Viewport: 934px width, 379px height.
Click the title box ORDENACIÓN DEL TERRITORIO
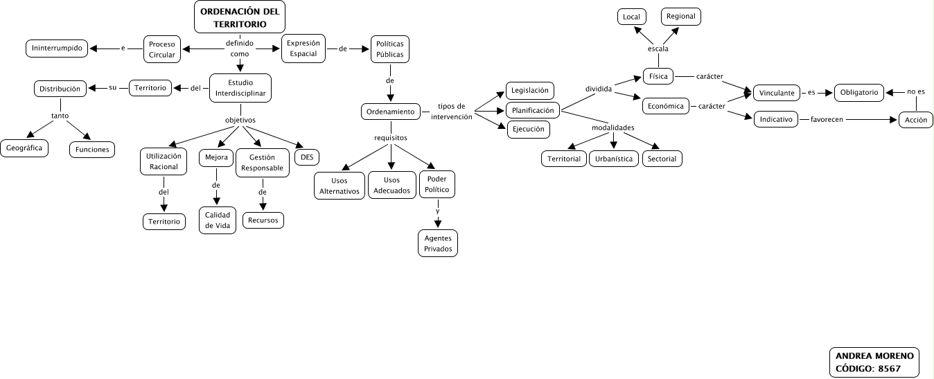pyautogui.click(x=240, y=17)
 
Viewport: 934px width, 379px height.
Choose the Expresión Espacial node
pyautogui.click(x=303, y=49)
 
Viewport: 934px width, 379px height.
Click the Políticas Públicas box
pyautogui.click(x=390, y=49)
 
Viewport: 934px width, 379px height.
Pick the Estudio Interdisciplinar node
pyautogui.click(x=240, y=88)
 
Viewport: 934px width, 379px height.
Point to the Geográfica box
pyautogui.click(x=24, y=148)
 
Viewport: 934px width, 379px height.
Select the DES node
pyautogui.click(x=307, y=157)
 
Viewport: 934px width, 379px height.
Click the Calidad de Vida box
pyautogui.click(x=217, y=220)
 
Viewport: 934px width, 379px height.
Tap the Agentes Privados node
pyautogui.click(x=438, y=243)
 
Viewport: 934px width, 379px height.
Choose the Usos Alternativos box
pyautogui.click(x=340, y=186)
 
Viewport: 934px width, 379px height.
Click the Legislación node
pyautogui.click(x=530, y=91)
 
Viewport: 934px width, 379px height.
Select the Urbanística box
pyautogui.click(x=613, y=159)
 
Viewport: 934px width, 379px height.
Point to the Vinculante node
pyautogui.click(x=777, y=92)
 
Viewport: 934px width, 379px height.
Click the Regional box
pyautogui.click(x=680, y=16)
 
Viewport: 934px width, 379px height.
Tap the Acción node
pyautogui.click(x=916, y=119)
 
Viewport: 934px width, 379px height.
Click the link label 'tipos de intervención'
pyautogui.click(x=452, y=112)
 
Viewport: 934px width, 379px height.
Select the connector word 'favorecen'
pyautogui.click(x=826, y=120)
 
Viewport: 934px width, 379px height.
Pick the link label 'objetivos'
pyautogui.click(x=240, y=120)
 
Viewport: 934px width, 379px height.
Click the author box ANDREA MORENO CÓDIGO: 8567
pyautogui.click(x=874, y=362)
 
